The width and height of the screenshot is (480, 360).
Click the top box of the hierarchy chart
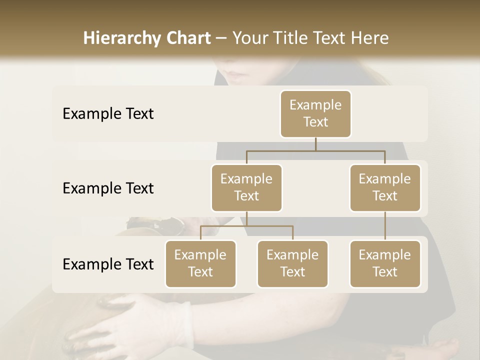pos(315,114)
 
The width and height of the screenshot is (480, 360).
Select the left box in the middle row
pos(246,187)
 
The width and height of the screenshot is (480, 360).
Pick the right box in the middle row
pos(385,187)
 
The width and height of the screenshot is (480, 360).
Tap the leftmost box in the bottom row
pos(200,263)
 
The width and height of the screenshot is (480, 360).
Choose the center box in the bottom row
pos(292,263)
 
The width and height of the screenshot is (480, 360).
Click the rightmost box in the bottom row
pos(385,263)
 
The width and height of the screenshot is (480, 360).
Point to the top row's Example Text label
pos(108,114)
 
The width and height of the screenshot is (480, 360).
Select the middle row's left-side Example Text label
pos(108,188)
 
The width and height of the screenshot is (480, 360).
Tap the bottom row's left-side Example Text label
pos(108,264)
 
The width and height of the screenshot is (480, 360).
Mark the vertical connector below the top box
pos(315,144)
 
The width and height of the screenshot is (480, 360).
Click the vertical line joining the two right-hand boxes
pos(385,226)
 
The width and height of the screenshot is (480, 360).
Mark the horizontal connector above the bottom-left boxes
pos(246,226)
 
